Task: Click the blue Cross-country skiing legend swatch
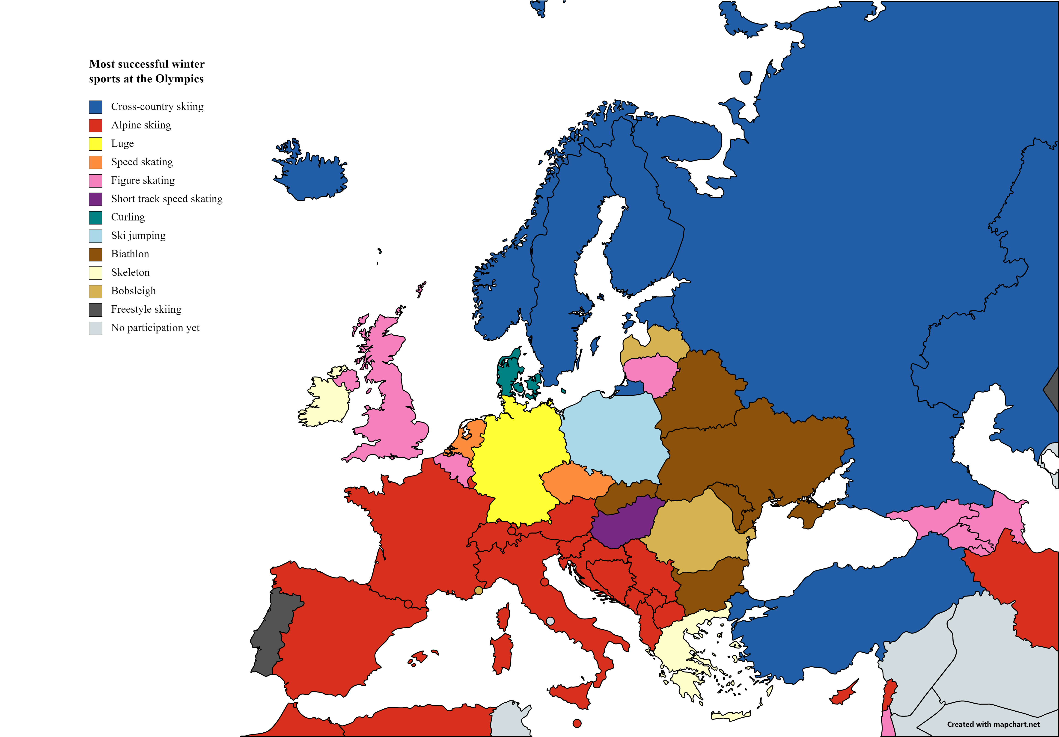95,107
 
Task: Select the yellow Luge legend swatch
95,144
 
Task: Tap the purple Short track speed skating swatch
95,199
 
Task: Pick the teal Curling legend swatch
95,218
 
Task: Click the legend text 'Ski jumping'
138,236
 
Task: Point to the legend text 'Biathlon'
130,254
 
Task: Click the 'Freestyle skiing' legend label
146,309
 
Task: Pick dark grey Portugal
272,632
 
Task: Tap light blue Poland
613,438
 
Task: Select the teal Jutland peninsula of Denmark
507,374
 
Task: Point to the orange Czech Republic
577,482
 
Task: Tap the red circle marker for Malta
577,723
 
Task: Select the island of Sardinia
502,653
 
